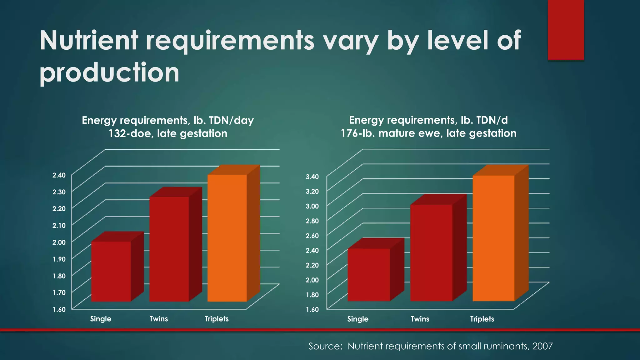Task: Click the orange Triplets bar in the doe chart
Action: pos(227,237)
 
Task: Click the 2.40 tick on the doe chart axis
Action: pos(59,175)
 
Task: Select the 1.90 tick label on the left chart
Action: pos(59,259)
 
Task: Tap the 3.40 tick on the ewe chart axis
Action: pos(312,177)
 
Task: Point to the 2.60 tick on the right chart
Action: pos(312,236)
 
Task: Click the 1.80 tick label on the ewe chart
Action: pos(312,295)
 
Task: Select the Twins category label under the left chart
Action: pos(159,319)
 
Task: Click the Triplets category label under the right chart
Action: pos(482,319)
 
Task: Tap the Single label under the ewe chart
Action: pos(358,319)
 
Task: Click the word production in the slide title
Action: pos(109,73)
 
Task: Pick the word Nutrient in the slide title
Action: pos(89,41)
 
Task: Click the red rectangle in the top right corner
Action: pos(566,30)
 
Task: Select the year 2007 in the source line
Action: pos(542,346)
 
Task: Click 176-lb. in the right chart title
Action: pos(358,133)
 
